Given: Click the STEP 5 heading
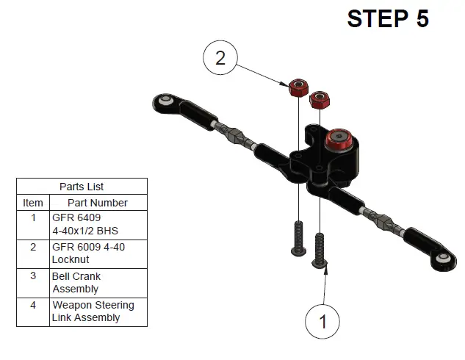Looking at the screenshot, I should [x=387, y=19].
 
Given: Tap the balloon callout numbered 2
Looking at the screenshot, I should [x=220, y=57].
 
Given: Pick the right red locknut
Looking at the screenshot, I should [x=320, y=99].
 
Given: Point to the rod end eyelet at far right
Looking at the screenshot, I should [x=444, y=259].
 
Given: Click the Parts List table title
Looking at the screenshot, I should [x=82, y=187].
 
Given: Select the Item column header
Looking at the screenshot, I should [x=33, y=203].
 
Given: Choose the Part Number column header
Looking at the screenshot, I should [x=98, y=203].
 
